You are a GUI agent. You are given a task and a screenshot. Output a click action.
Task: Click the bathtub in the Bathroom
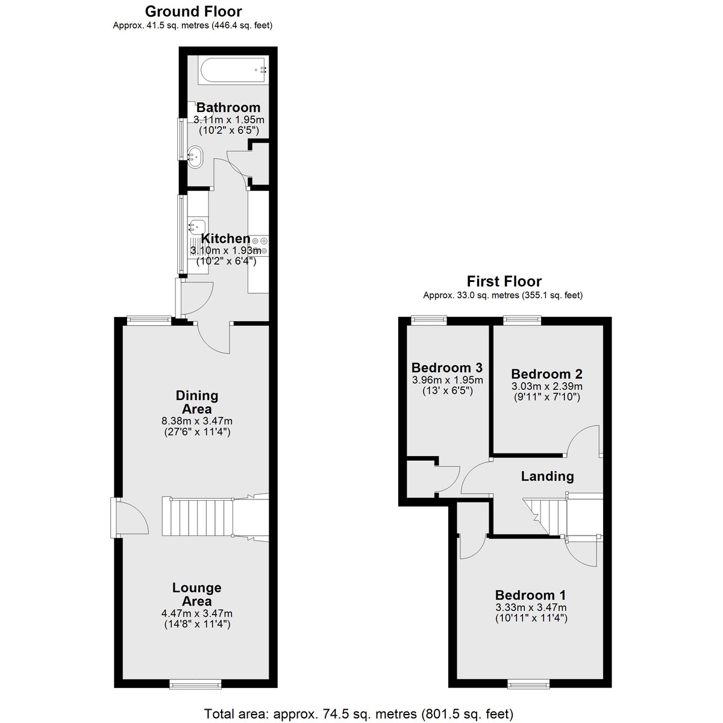pos(233,70)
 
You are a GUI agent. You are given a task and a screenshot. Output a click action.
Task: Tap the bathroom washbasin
pos(195,157)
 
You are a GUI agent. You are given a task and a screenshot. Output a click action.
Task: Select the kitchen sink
pos(197,226)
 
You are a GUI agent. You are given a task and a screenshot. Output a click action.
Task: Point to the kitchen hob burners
pos(260,245)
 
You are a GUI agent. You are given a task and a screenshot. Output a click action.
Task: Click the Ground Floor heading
pos(193,11)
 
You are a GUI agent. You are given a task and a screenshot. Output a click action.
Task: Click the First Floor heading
pos(504,281)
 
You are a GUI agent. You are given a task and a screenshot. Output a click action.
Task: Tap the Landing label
pos(547,476)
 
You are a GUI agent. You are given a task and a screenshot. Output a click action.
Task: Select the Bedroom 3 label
pos(447,368)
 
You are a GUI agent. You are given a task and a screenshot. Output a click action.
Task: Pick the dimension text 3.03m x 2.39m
pos(546,386)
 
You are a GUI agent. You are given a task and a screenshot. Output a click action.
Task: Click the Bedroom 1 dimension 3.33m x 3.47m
pos(531,607)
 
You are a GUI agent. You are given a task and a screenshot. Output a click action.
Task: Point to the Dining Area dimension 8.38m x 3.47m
pos(197,421)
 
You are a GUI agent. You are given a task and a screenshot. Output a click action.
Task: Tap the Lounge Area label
pos(196,594)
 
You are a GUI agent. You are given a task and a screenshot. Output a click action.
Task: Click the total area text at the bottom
pos(358,713)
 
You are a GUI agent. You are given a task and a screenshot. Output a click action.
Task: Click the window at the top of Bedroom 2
pos(522,320)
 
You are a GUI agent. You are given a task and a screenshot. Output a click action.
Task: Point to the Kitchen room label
pos(225,238)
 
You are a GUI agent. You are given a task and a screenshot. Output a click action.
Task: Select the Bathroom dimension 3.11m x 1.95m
pos(229,120)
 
